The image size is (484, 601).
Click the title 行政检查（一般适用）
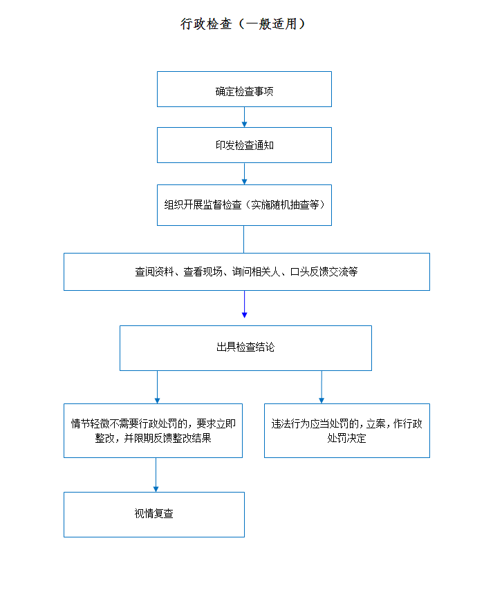(243, 23)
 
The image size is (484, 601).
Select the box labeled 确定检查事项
(244, 89)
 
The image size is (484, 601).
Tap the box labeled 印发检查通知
(244, 145)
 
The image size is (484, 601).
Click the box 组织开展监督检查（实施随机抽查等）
(244, 205)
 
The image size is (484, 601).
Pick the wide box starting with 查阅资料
(247, 271)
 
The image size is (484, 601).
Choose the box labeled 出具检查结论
(246, 348)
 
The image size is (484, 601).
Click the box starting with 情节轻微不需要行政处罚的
(153, 430)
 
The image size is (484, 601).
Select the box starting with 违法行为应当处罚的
(347, 430)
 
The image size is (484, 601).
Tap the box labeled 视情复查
(154, 515)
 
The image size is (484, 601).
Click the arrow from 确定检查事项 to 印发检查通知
(244, 117)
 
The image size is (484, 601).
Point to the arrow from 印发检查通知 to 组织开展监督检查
(244, 173)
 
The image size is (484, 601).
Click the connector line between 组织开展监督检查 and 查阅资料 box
(244, 239)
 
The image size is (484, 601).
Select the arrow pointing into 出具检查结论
(244, 305)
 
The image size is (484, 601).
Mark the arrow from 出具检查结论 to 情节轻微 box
(157, 387)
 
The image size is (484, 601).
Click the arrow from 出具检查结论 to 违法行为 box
(322, 387)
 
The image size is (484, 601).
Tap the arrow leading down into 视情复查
(156, 475)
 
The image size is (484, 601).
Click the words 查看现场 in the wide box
(203, 271)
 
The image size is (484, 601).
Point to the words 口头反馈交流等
(324, 271)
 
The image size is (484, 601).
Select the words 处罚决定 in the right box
(346, 438)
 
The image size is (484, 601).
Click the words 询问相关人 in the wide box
(257, 271)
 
